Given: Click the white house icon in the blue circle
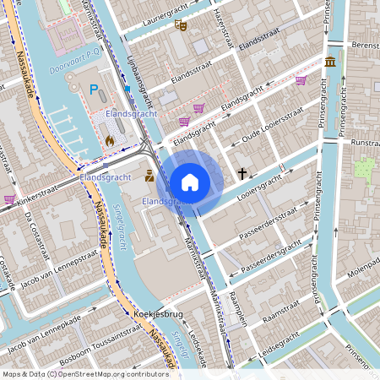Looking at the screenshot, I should tap(190, 182).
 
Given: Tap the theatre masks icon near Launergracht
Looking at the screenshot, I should tap(179, 25).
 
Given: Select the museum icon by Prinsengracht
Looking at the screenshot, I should tap(328, 62).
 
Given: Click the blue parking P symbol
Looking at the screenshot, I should tap(95, 89).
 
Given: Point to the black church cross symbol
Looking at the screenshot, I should tap(242, 174).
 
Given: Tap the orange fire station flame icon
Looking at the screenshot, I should tap(109, 140).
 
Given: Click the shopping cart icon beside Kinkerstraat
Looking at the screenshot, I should tap(9, 199).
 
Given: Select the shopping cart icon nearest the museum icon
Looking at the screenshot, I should tap(301, 81).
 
